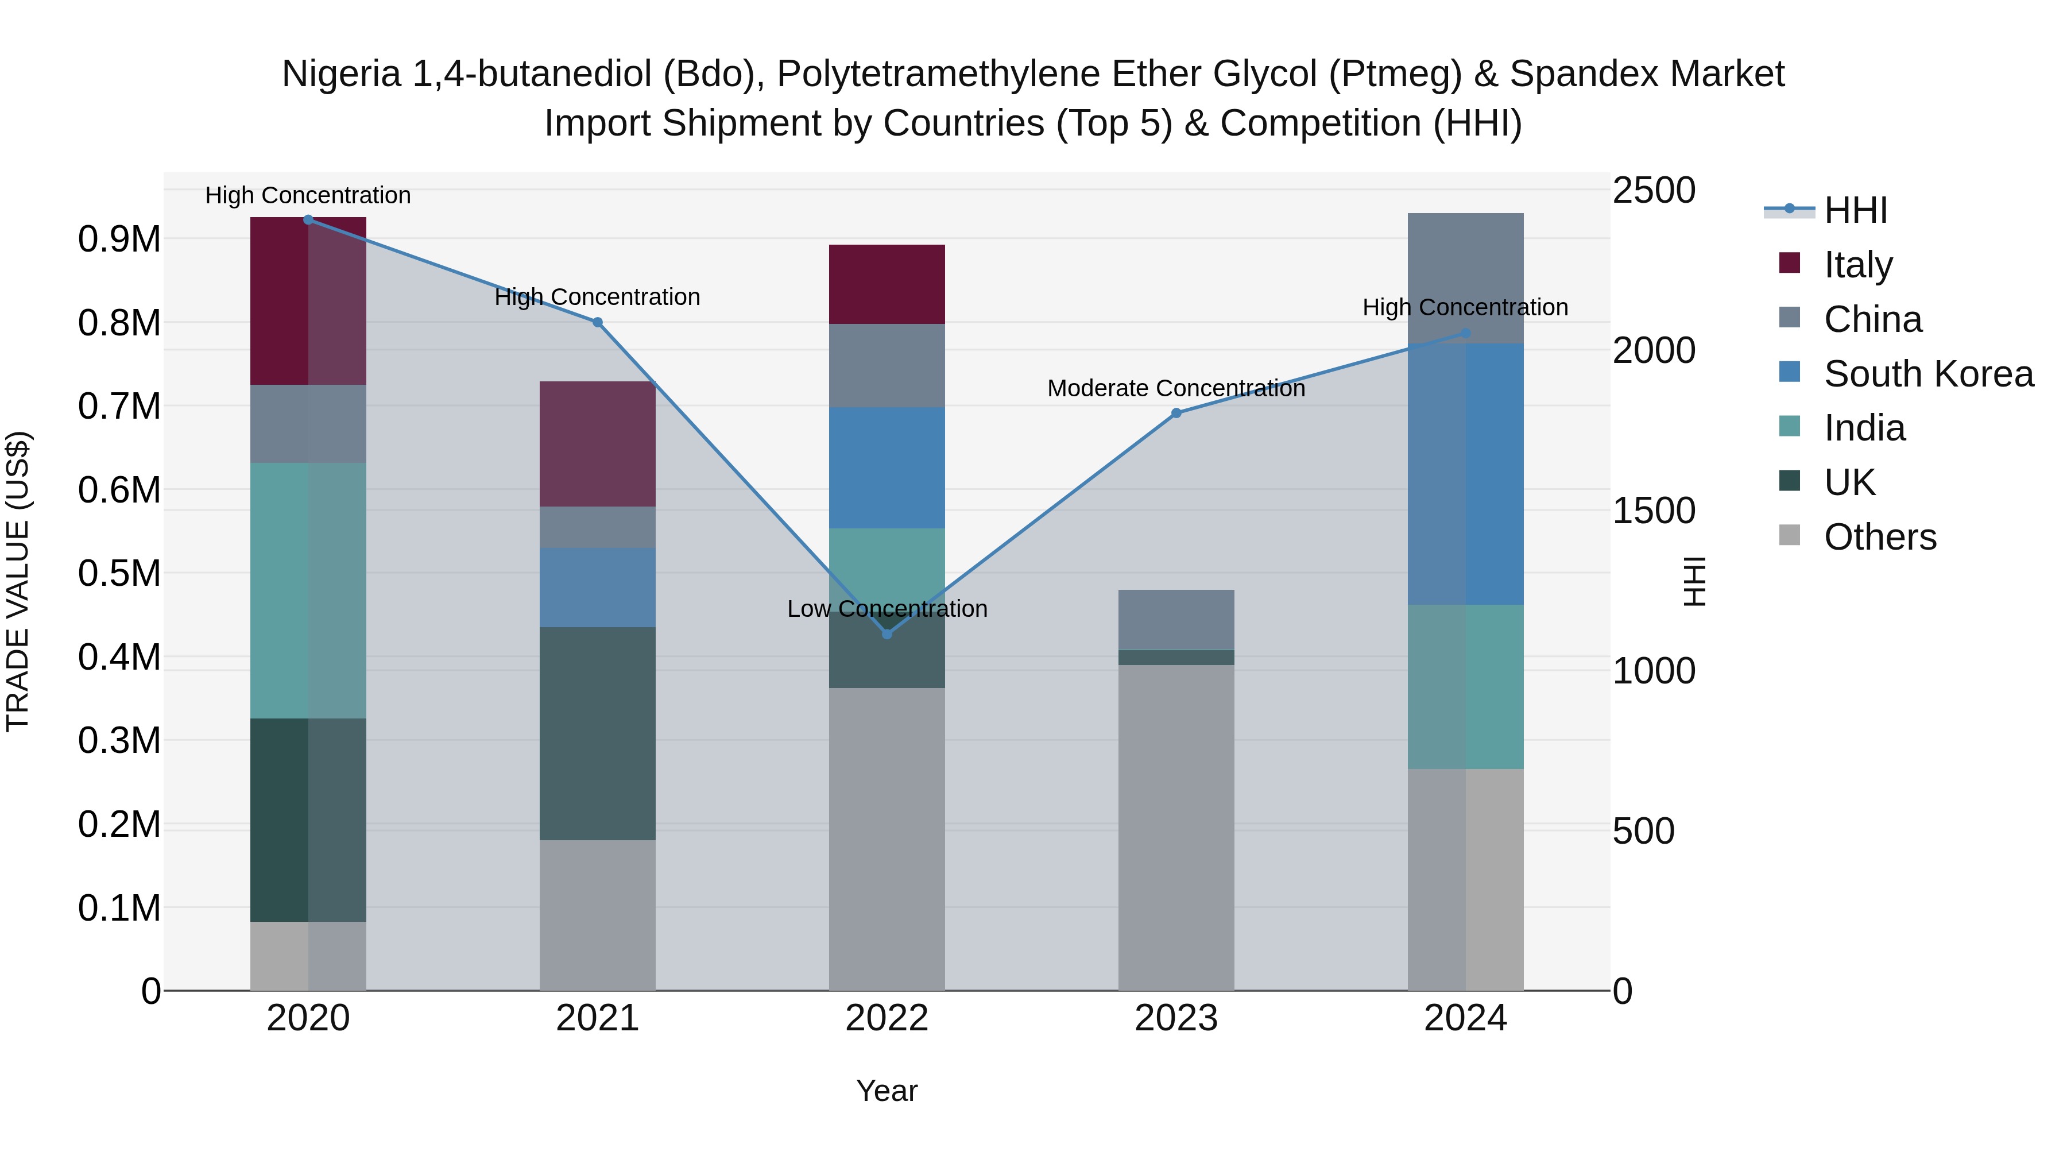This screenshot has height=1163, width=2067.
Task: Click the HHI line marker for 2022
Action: (887, 634)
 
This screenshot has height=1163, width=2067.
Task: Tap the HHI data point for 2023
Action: (1176, 414)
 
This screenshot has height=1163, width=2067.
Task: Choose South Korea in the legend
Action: (1928, 374)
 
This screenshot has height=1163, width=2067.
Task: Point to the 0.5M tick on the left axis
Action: (119, 573)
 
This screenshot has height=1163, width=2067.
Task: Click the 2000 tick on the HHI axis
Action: (1654, 351)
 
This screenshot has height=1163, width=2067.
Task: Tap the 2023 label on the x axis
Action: (1176, 1018)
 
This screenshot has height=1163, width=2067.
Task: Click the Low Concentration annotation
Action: (887, 609)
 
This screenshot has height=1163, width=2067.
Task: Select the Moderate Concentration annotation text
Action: (1176, 388)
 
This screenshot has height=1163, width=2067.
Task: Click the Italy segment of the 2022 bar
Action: (887, 284)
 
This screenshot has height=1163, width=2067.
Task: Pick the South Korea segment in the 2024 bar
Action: (1465, 474)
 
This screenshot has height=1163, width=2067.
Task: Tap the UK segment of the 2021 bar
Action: (597, 733)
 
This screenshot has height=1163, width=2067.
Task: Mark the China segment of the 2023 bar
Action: (1176, 620)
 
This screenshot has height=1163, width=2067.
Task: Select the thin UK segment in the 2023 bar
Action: (1176, 658)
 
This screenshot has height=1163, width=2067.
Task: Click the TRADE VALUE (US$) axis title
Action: (18, 581)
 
